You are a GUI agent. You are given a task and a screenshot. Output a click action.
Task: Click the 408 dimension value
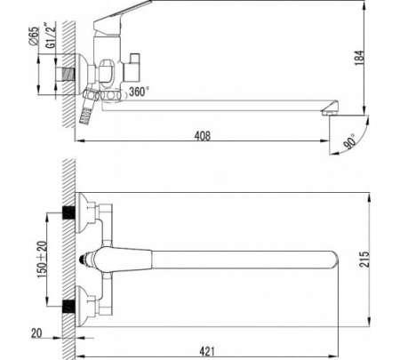tap(203, 136)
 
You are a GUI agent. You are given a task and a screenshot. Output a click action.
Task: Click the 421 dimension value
tap(207, 351)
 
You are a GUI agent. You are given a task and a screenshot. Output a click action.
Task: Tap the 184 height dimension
tap(359, 58)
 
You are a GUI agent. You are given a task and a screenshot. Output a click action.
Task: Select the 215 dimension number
tap(364, 259)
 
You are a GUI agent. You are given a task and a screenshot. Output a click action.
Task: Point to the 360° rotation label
tap(139, 92)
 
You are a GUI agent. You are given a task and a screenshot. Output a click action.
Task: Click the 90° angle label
tap(351, 141)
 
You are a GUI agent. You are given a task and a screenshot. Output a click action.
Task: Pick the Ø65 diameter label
tap(35, 36)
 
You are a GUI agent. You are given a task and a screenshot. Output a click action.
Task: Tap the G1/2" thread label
tap(51, 35)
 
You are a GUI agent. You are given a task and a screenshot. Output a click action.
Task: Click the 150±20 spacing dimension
tap(42, 260)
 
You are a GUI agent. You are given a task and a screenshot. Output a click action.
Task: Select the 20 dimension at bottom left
tap(36, 333)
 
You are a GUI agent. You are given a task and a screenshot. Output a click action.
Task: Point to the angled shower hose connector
tap(89, 106)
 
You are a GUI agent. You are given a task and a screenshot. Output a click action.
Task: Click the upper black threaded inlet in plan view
tap(68, 212)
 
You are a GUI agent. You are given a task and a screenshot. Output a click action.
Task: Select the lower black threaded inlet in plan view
tap(68, 307)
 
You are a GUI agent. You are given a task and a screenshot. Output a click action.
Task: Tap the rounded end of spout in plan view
tap(333, 260)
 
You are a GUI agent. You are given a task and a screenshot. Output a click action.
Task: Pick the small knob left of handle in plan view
tap(84, 260)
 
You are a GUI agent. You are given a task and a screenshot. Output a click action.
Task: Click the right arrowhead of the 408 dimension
tap(325, 140)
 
